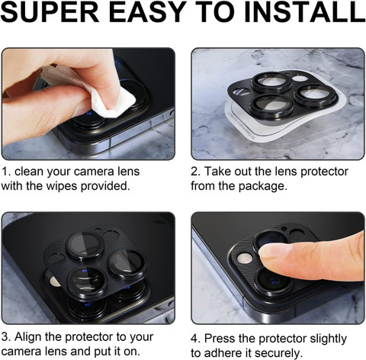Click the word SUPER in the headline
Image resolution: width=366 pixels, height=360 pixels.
point(50,11)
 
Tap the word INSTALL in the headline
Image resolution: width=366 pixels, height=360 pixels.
point(305,11)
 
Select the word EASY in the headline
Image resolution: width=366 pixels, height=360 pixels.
point(148,11)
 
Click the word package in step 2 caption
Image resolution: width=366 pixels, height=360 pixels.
point(262,187)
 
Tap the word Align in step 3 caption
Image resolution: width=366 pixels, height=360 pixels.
point(27,337)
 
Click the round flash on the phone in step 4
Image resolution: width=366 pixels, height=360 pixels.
point(245,259)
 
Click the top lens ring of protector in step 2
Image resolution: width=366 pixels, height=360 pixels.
point(272,82)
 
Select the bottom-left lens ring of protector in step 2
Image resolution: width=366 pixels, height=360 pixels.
point(271,105)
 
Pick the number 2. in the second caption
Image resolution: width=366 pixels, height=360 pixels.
point(195,172)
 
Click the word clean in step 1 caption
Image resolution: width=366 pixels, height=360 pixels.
point(29,172)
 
